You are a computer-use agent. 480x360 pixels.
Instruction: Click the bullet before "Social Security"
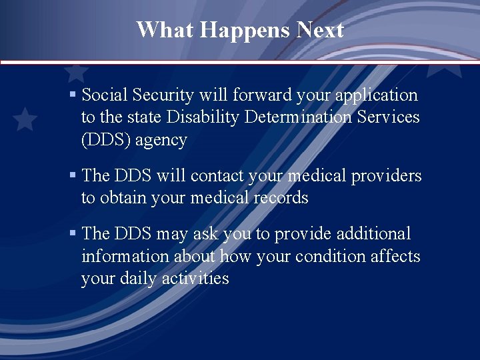[73, 95]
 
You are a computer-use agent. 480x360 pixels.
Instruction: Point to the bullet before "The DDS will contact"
[73, 175]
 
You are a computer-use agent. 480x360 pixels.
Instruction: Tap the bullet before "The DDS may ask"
[73, 233]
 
